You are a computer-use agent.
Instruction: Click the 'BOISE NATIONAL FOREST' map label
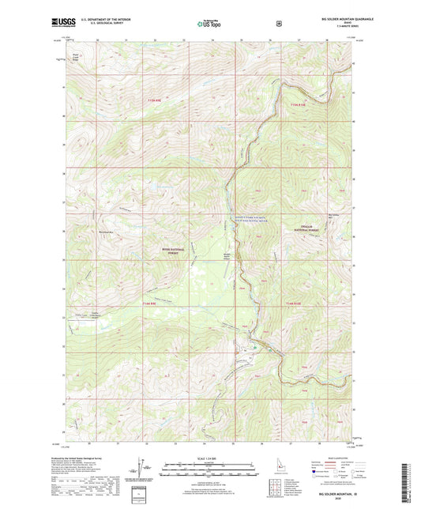pos(172,251)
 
